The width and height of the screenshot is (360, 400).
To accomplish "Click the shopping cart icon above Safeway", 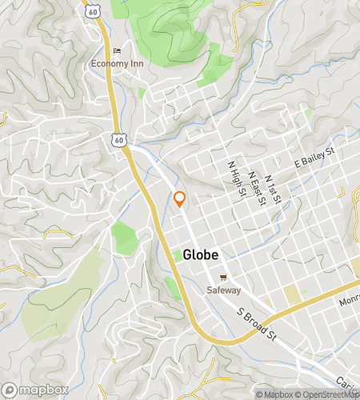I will pyautogui.click(x=224, y=278).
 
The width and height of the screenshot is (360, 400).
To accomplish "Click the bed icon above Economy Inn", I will pyautogui.click(x=117, y=51).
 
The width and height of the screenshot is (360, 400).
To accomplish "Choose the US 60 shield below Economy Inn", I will pyautogui.click(x=118, y=140).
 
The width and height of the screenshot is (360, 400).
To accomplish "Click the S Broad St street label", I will pyautogui.click(x=255, y=325).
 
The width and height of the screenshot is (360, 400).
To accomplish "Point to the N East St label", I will pyautogui.click(x=256, y=186).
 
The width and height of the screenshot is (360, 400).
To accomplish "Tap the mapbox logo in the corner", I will pyautogui.click(x=33, y=389).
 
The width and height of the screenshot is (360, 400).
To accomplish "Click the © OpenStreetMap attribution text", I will pyautogui.click(x=328, y=394).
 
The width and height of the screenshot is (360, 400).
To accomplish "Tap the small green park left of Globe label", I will pyautogui.click(x=177, y=255).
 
